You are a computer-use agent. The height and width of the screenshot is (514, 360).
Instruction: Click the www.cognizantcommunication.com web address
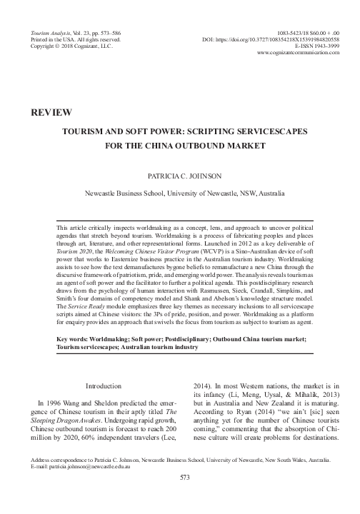tap(296, 54)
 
